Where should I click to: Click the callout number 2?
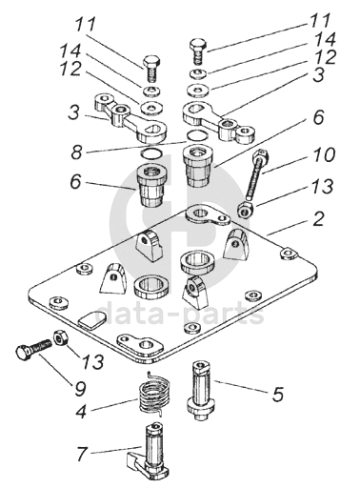click(318, 219)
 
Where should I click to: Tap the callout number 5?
click(277, 394)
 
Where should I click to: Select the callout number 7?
click(82, 454)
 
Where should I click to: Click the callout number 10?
click(325, 154)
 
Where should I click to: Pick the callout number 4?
click(81, 411)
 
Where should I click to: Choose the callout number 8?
click(76, 152)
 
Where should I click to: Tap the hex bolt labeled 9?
click(33, 350)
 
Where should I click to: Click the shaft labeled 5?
click(200, 391)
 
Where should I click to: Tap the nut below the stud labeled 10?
click(244, 210)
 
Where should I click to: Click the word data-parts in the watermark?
click(180, 313)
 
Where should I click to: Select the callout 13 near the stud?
click(322, 186)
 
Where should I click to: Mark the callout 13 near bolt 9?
click(93, 360)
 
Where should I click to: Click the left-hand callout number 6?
click(75, 182)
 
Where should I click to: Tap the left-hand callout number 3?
click(74, 112)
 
